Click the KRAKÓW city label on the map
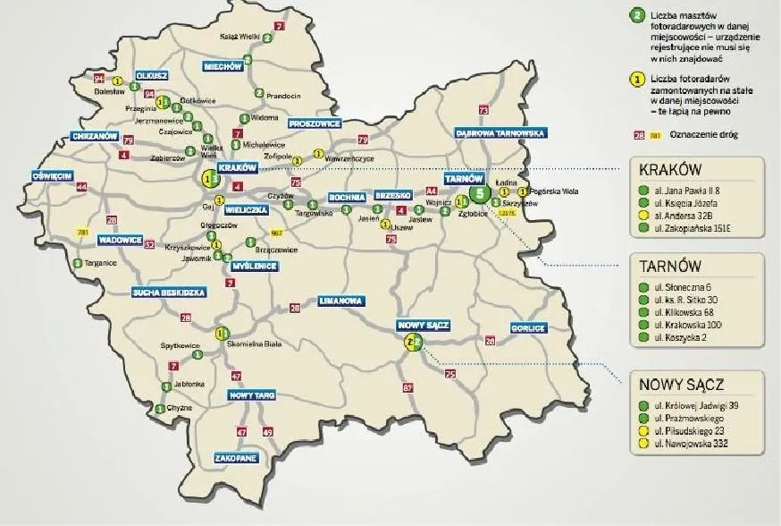(x=238, y=167)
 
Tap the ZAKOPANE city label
(x=236, y=457)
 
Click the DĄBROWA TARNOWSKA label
(x=500, y=132)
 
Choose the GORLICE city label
(x=528, y=328)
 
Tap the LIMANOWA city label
(x=340, y=301)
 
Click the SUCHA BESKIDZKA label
(x=169, y=293)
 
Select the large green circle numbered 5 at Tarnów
(x=480, y=193)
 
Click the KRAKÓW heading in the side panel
(x=670, y=171)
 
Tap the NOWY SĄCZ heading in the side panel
(x=681, y=385)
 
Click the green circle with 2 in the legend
(x=636, y=15)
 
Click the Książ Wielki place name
(x=239, y=38)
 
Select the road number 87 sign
(x=408, y=387)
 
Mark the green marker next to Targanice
(x=78, y=263)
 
